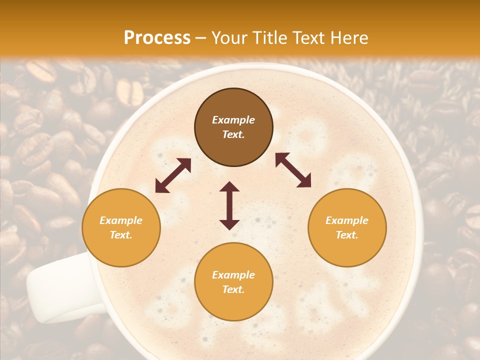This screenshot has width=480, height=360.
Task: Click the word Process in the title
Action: [157, 38]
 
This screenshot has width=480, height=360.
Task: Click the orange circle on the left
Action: [121, 227]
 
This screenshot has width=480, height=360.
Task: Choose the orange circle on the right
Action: [347, 227]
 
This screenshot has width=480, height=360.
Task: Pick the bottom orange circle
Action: [233, 282]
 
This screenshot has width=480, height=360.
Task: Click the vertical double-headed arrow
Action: [229, 205]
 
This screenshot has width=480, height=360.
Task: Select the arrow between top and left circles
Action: [173, 175]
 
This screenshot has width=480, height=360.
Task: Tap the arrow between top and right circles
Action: [293, 170]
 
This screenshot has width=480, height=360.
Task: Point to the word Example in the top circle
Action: [233, 120]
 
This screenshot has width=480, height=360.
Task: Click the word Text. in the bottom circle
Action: [233, 289]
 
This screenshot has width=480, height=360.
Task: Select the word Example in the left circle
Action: [121, 220]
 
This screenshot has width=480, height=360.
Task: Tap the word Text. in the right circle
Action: [347, 235]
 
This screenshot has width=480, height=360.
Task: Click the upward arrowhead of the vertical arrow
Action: [229, 186]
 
